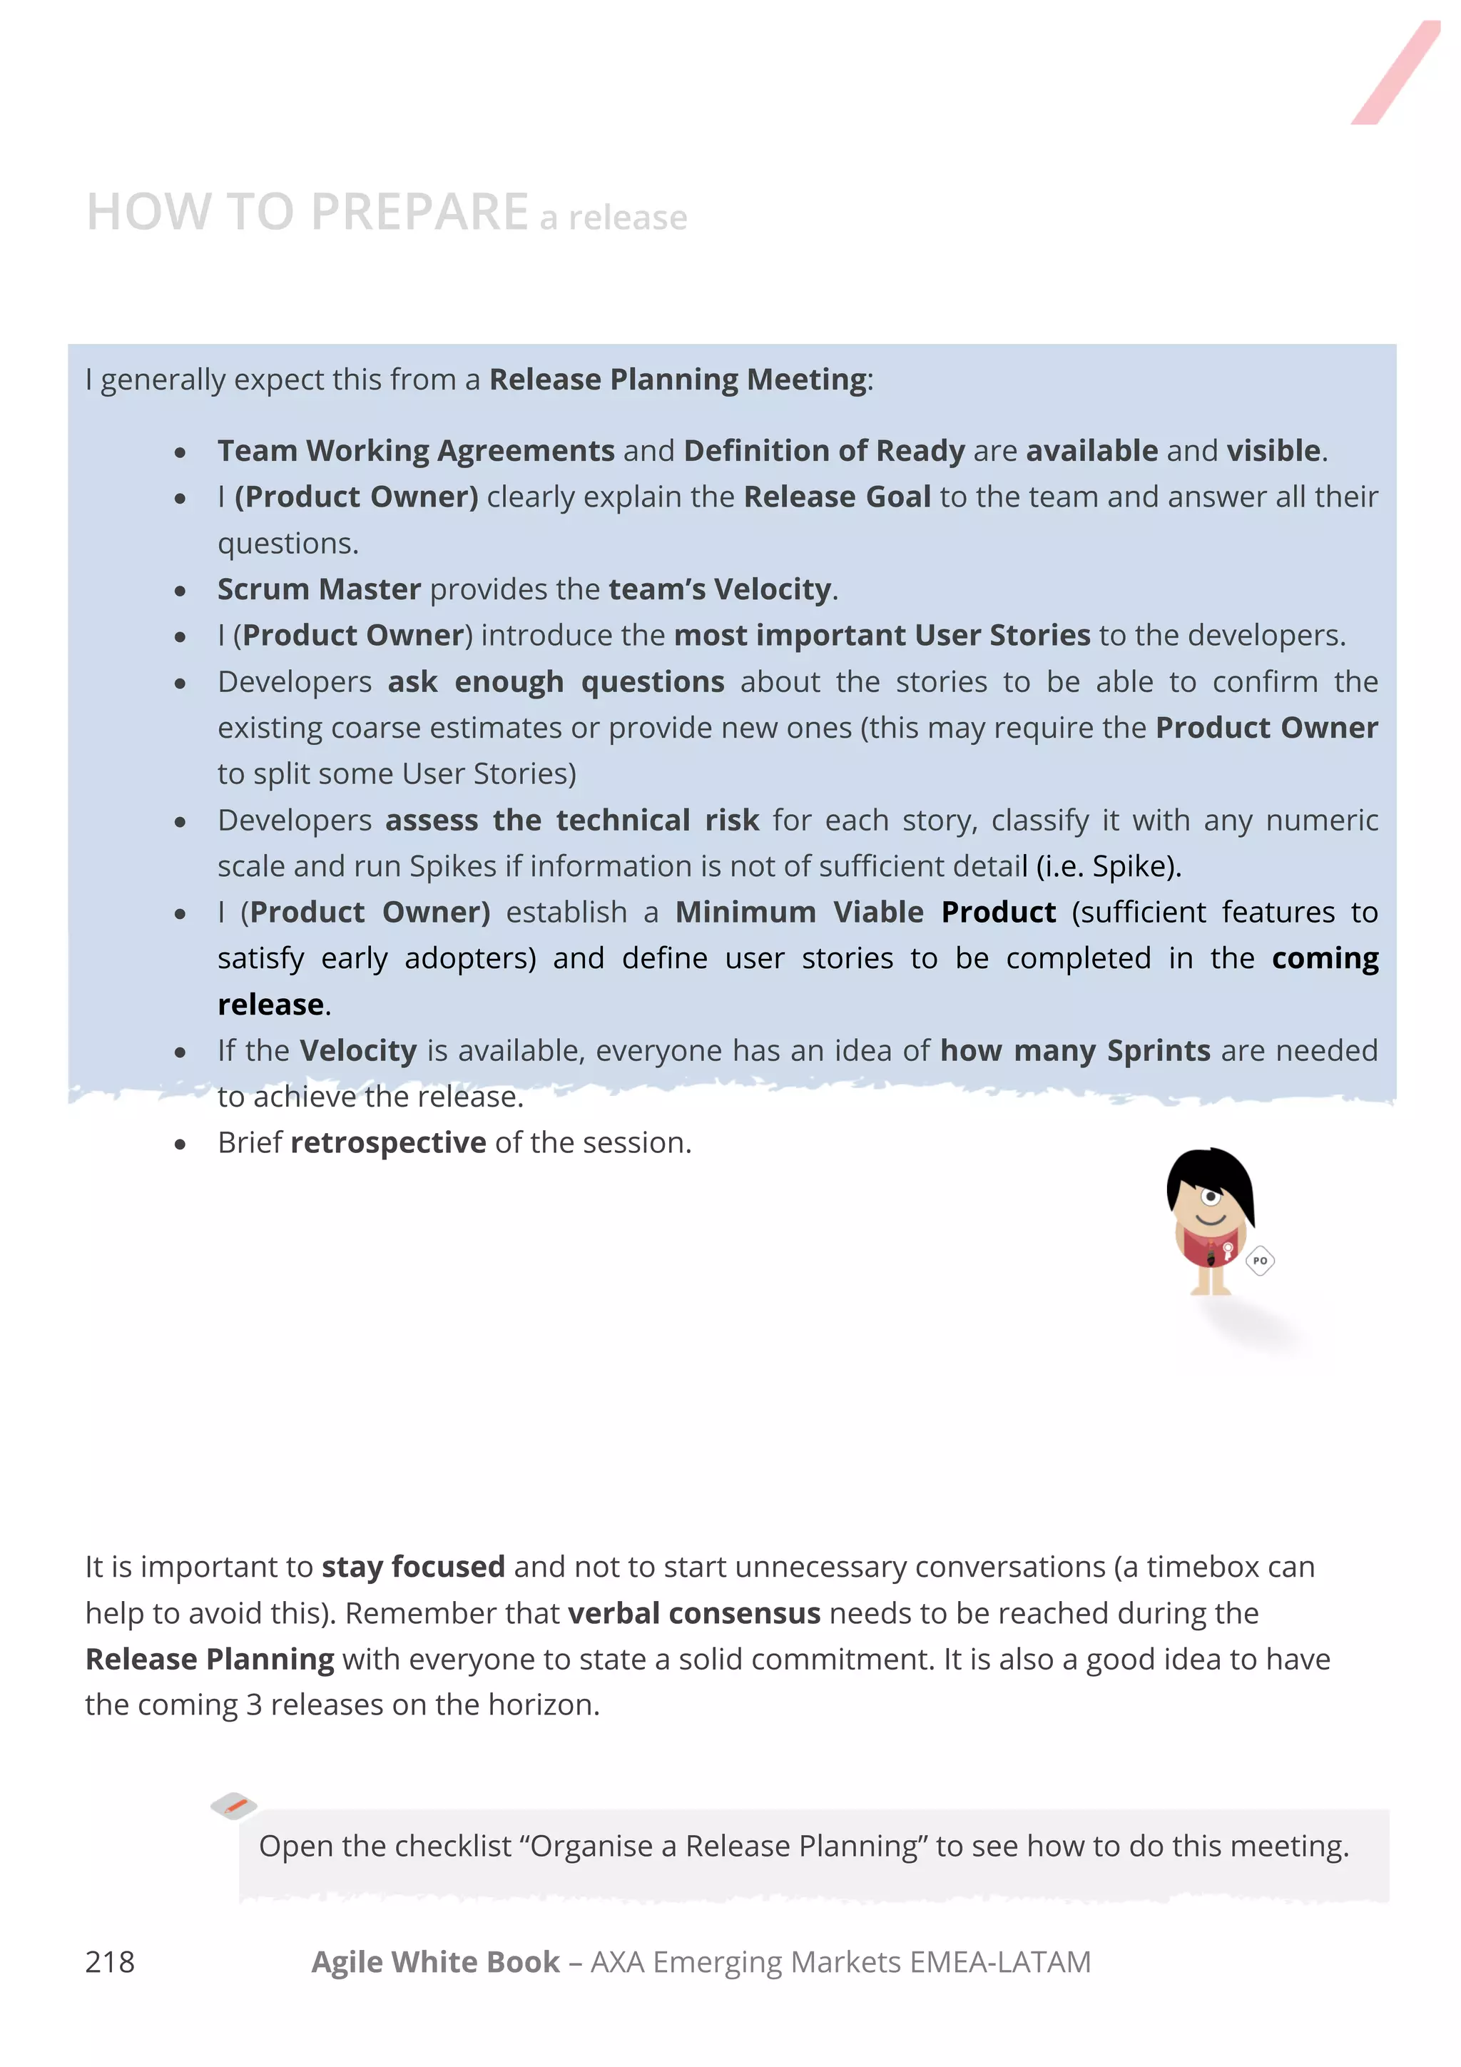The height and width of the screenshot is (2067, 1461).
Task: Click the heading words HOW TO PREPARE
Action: (x=307, y=213)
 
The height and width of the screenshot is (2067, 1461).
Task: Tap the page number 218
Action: (x=110, y=1961)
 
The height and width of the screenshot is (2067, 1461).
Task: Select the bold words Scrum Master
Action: (x=319, y=589)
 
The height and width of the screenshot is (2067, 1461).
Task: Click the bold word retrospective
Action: (x=388, y=1142)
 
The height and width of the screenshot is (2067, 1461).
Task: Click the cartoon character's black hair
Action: (x=1211, y=1169)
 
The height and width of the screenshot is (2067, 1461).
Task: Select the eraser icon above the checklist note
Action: (x=233, y=1805)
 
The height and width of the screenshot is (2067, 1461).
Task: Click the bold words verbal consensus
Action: (x=694, y=1613)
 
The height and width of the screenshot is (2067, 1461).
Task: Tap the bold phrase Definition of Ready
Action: (x=824, y=450)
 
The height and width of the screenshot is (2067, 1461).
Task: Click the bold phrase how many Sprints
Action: (x=1075, y=1050)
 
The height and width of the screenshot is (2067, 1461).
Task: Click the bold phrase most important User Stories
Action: (x=882, y=635)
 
